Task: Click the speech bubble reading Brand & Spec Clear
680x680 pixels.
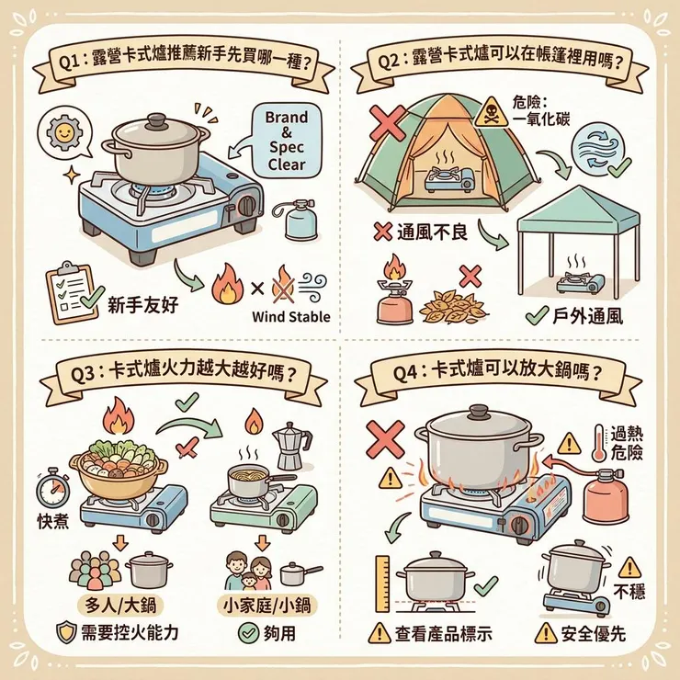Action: click(x=285, y=142)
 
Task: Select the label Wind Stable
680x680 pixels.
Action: click(x=290, y=319)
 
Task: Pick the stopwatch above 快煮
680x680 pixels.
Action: click(x=56, y=484)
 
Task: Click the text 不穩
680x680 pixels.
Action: click(x=629, y=590)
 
